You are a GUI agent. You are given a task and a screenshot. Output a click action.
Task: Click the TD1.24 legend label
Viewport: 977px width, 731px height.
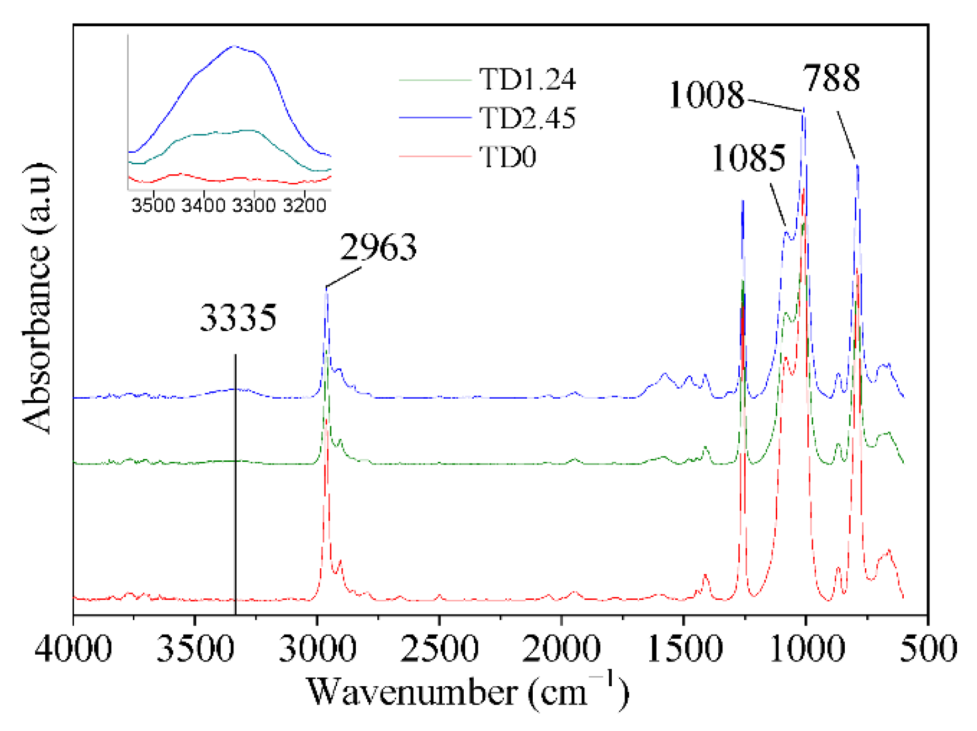pos(527,80)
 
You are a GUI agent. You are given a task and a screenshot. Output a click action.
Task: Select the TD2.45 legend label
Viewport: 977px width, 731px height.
pos(527,118)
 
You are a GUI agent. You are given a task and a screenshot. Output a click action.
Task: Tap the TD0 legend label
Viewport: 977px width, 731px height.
pos(507,157)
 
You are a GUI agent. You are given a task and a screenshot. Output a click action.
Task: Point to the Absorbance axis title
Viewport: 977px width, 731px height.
pos(37,298)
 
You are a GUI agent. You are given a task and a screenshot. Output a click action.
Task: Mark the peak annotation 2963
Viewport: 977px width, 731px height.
pos(378,248)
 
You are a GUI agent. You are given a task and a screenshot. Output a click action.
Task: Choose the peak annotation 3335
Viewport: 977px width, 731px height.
pos(238,318)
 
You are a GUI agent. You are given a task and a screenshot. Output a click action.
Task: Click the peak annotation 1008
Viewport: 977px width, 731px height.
pos(706,96)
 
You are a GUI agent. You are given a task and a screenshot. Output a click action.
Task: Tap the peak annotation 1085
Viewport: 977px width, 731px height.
pos(748,158)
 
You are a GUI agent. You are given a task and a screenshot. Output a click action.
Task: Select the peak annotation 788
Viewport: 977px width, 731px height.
pos(832,78)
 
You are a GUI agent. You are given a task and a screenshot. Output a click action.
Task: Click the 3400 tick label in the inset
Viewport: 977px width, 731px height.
pos(203,205)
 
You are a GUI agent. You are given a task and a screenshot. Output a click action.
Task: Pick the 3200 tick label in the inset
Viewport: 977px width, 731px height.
pos(305,205)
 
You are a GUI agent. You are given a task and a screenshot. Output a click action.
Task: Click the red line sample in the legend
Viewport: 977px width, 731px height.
pos(435,156)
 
